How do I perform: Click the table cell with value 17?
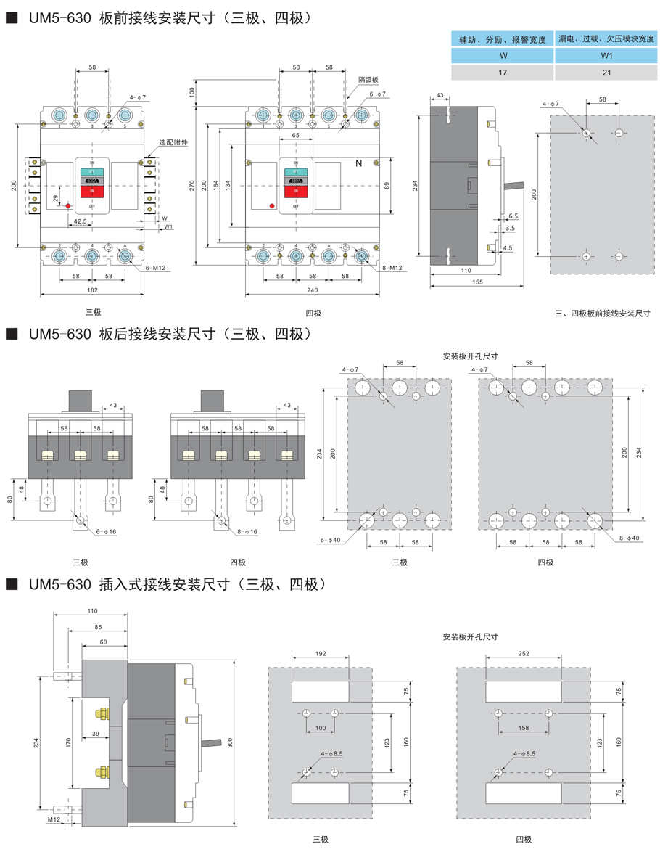pyautogui.click(x=502, y=73)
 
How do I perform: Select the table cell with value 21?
pyautogui.click(x=606, y=73)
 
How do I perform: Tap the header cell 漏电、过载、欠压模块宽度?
pyautogui.click(x=606, y=39)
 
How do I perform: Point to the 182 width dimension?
pyautogui.click(x=92, y=290)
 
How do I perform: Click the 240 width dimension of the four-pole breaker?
pyautogui.click(x=312, y=290)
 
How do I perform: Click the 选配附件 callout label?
pyautogui.click(x=174, y=143)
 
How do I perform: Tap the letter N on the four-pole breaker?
pyautogui.click(x=358, y=165)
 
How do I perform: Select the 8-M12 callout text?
pyautogui.click(x=391, y=269)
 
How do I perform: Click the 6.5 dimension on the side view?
pyautogui.click(x=513, y=216)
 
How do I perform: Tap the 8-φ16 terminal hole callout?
pyautogui.click(x=247, y=532)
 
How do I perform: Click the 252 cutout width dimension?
pyautogui.click(x=524, y=653)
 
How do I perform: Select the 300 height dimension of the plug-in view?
pyautogui.click(x=230, y=742)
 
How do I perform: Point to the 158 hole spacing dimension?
pyautogui.click(x=524, y=727)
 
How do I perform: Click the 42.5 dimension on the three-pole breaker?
pyautogui.click(x=80, y=221)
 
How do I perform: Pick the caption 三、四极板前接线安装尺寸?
pyautogui.click(x=603, y=314)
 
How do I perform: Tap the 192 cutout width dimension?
pyautogui.click(x=320, y=653)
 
